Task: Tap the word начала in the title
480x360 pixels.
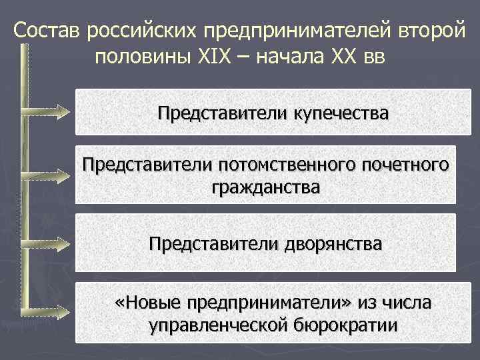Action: (292, 55)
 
